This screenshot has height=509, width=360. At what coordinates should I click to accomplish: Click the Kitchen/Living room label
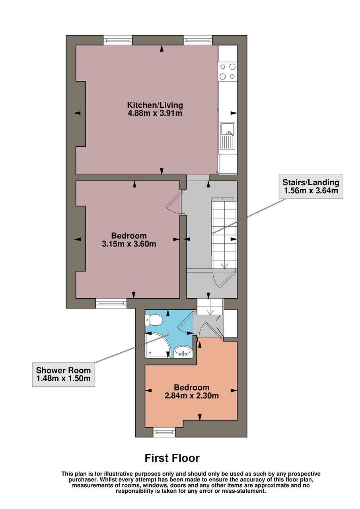point(155,105)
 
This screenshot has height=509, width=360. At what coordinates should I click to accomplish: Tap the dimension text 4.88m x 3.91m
point(155,113)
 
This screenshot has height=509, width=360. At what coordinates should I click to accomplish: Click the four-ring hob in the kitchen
point(228,71)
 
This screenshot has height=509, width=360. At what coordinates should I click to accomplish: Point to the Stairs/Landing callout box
point(311,187)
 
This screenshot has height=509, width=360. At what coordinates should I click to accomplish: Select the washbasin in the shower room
point(183,352)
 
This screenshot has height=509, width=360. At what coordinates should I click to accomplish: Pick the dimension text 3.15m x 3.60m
point(129,244)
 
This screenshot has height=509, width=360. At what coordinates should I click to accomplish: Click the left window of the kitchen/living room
point(118,40)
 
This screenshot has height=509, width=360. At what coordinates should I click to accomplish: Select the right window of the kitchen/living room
point(198,40)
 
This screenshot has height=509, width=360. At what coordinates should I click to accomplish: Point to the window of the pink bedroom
point(111,303)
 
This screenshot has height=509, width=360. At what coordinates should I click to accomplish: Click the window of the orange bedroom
point(164,432)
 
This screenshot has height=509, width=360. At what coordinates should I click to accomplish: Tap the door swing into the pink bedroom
point(173,202)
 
